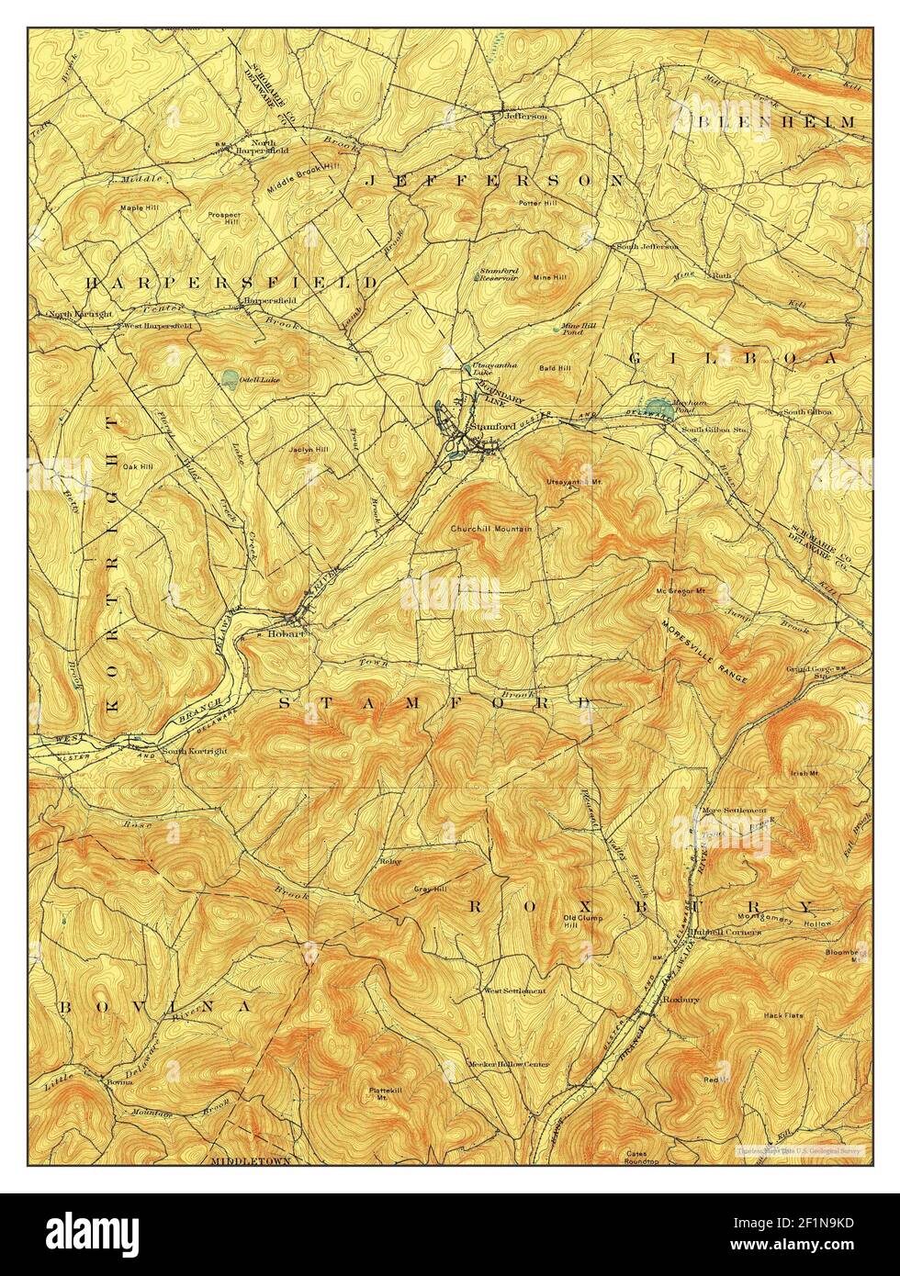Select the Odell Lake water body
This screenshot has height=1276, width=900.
point(228,377)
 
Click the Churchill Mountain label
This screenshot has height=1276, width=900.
point(490,530)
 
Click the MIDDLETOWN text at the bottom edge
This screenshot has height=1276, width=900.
point(250,1160)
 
